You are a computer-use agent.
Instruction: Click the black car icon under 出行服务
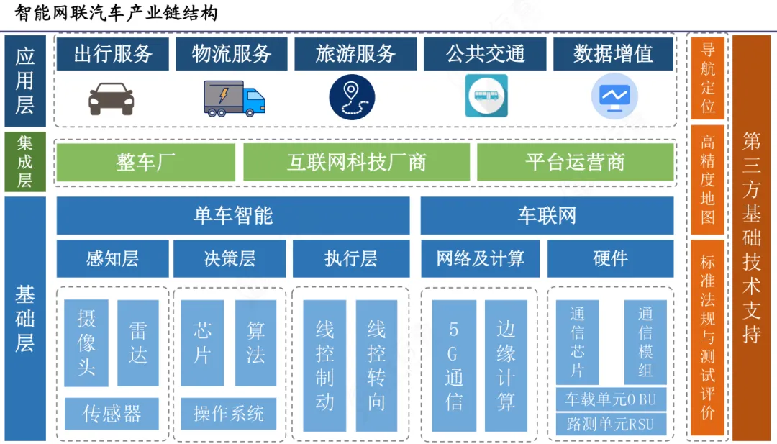(x=111, y=99)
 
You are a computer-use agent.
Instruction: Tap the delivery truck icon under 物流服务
(x=235, y=97)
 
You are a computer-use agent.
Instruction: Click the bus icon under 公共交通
(x=486, y=96)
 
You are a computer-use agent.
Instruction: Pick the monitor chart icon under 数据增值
(x=614, y=96)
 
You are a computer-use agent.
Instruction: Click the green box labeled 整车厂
(x=146, y=163)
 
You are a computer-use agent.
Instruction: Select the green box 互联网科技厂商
(x=356, y=163)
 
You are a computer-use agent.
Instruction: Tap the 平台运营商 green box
(x=575, y=163)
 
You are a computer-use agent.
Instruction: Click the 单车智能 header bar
(x=233, y=215)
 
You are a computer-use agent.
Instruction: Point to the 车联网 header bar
(x=547, y=215)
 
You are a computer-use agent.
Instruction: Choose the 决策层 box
(x=230, y=258)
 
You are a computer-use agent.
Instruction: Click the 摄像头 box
(x=86, y=343)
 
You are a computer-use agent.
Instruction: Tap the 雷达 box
(x=137, y=343)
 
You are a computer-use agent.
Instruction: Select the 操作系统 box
(x=229, y=414)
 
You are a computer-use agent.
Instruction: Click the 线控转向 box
(x=376, y=366)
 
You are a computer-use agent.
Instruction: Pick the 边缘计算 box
(x=506, y=366)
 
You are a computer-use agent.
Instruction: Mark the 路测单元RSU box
(x=611, y=425)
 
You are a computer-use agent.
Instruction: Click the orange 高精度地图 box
(x=707, y=180)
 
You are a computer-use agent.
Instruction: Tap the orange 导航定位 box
(x=707, y=78)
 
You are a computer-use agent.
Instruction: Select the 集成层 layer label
(x=25, y=162)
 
